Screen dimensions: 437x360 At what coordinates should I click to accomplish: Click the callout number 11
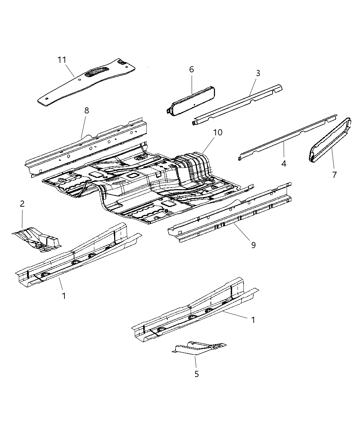point(62,60)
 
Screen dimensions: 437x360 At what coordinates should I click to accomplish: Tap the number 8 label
point(86,110)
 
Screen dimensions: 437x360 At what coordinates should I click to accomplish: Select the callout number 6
point(191,70)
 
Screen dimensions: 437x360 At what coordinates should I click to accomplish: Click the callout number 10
point(218,133)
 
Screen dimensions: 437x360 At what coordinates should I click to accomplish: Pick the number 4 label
point(284,164)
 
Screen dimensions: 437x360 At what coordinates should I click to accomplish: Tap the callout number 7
point(334,175)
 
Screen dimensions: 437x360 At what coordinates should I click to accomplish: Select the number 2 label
point(22,204)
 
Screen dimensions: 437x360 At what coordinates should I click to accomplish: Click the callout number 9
point(253,245)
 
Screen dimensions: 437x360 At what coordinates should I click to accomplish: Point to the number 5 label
point(196,374)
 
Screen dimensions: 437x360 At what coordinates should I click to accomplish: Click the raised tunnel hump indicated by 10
point(192,165)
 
